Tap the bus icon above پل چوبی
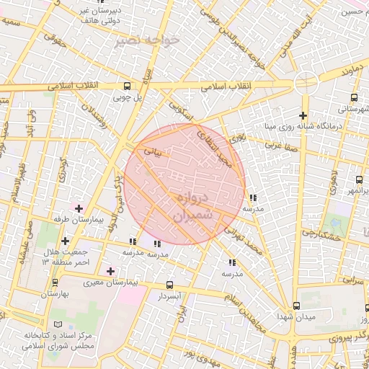pyautogui.click(x=128, y=84)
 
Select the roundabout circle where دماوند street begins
pyautogui.click(x=306, y=84)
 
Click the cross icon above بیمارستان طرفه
pyautogui.click(x=79, y=208)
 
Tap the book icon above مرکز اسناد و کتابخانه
pyautogui.click(x=58, y=325)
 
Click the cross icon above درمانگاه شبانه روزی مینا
pyautogui.click(x=303, y=115)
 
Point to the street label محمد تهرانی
pyautogui.click(x=243, y=241)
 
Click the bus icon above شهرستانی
pyautogui.click(x=353, y=97)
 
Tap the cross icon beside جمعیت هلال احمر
pyautogui.click(x=66, y=241)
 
